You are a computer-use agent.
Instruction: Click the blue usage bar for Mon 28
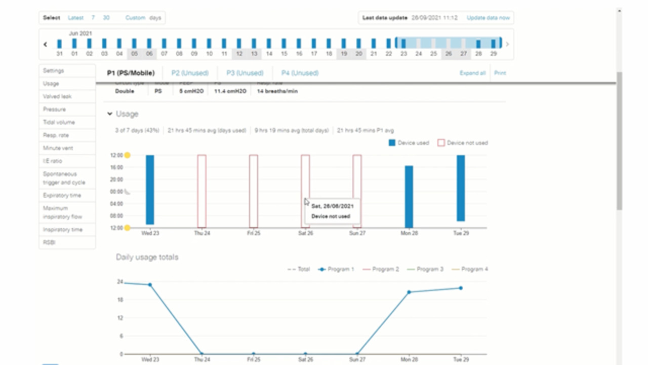pyautogui.click(x=409, y=197)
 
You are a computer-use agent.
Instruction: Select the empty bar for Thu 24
pyautogui.click(x=201, y=191)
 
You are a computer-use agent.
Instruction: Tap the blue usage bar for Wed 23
pyautogui.click(x=150, y=190)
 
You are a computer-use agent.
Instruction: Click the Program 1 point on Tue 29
pyautogui.click(x=461, y=288)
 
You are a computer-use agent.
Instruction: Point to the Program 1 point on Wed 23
pyautogui.click(x=150, y=284)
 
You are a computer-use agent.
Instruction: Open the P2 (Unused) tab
pyautogui.click(x=190, y=73)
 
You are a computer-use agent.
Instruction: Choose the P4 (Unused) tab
pyautogui.click(x=300, y=73)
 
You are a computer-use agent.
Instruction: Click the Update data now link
pyautogui.click(x=488, y=18)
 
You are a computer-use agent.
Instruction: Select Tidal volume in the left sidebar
pyautogui.click(x=59, y=122)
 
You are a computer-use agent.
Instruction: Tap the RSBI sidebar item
pyautogui.click(x=50, y=242)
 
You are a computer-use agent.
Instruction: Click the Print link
pyautogui.click(x=500, y=73)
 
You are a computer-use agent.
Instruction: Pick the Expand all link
pyautogui.click(x=472, y=73)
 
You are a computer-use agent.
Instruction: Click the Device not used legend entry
pyautogui.click(x=463, y=143)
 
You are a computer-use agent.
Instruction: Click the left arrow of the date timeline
pyautogui.click(x=45, y=44)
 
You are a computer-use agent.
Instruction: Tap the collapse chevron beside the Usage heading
pyautogui.click(x=110, y=114)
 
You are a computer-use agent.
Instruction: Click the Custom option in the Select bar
pyautogui.click(x=135, y=18)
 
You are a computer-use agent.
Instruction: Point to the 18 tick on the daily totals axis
pyautogui.click(x=120, y=300)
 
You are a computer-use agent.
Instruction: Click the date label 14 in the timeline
pyautogui.click(x=269, y=53)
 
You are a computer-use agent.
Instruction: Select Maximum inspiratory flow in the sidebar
pyautogui.click(x=63, y=212)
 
